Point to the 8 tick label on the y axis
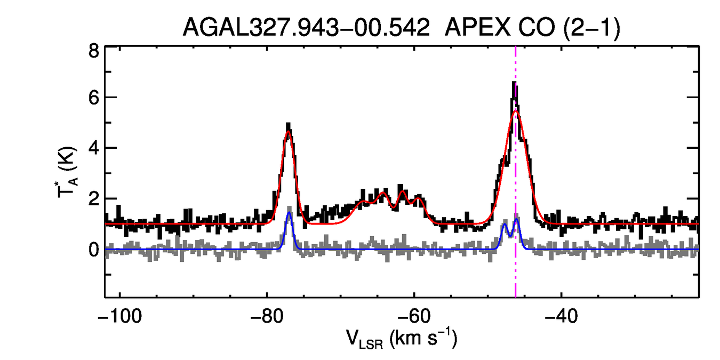(x=93, y=52)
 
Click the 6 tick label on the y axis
(x=93, y=98)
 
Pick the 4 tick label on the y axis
(x=93, y=148)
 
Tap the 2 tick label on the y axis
(x=93, y=199)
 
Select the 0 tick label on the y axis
(x=93, y=250)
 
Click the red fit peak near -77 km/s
(x=289, y=131)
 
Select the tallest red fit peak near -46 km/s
(x=515, y=111)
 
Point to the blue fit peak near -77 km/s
(x=289, y=213)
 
